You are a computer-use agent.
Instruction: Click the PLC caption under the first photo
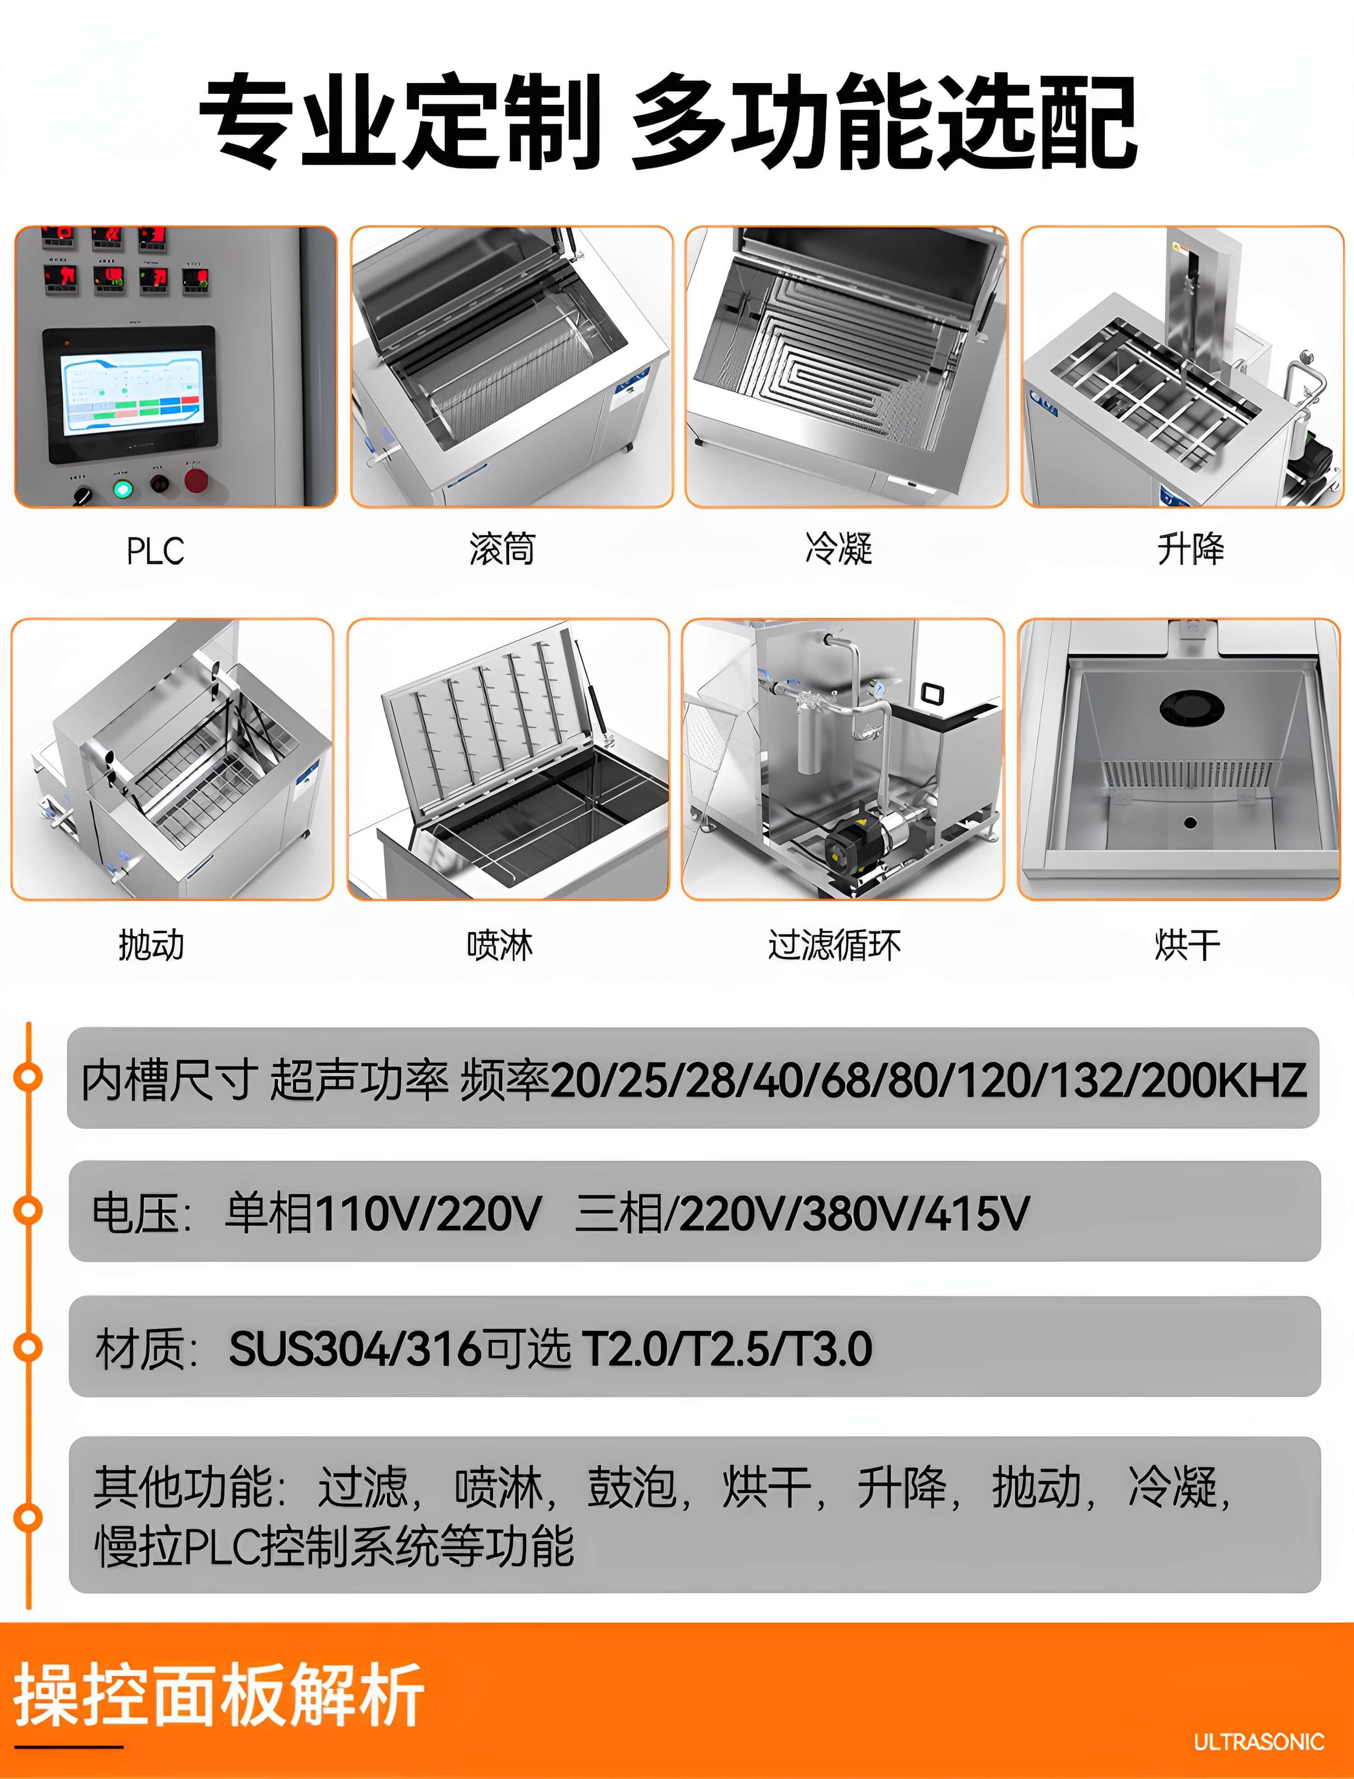pyautogui.click(x=155, y=551)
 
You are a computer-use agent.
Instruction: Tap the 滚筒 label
pyautogui.click(x=502, y=549)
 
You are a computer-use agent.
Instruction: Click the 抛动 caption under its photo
pyautogui.click(x=152, y=944)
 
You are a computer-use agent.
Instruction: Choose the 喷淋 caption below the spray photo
pyautogui.click(x=500, y=944)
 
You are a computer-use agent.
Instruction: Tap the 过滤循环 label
pyautogui.click(x=834, y=944)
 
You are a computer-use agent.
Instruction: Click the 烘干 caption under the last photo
pyautogui.click(x=1187, y=944)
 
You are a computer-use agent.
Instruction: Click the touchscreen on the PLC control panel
pyautogui.click(x=133, y=393)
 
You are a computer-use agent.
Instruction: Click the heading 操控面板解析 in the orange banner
pyautogui.click(x=218, y=1695)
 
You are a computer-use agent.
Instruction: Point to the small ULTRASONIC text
pyautogui.click(x=1258, y=1742)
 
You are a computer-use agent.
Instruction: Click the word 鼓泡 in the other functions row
pyautogui.click(x=631, y=1487)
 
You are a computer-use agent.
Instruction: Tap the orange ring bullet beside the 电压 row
pyautogui.click(x=29, y=1210)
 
